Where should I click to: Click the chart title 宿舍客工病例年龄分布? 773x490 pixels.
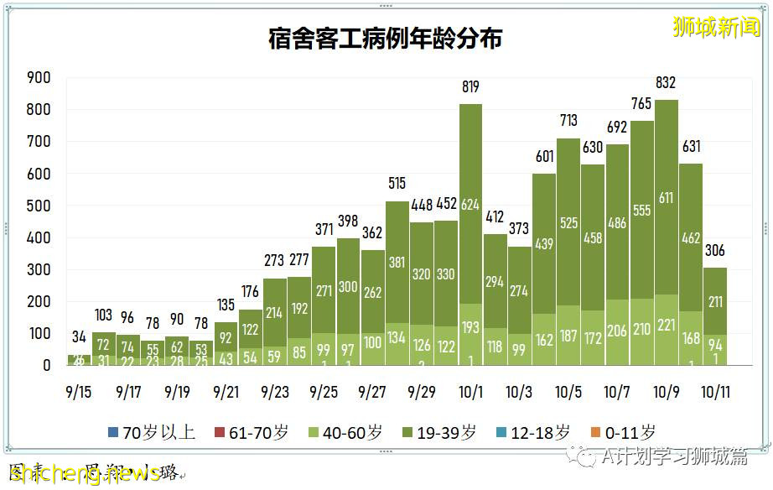[x=386, y=39]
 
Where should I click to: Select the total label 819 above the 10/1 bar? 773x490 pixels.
[x=470, y=87]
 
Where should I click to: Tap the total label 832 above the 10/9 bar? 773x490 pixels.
[x=666, y=83]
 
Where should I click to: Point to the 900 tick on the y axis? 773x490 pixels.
[x=40, y=78]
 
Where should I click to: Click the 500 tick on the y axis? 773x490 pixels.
[x=40, y=206]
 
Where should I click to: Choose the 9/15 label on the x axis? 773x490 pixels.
[x=80, y=392]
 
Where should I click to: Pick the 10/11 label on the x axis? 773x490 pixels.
[x=713, y=392]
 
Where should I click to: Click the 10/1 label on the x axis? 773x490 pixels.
[x=470, y=392]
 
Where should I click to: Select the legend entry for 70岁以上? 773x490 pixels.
[x=152, y=433]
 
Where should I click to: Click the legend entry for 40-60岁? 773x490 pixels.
[x=345, y=433]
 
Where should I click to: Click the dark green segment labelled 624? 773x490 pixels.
[x=470, y=204]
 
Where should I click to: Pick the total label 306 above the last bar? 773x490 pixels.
[x=713, y=251]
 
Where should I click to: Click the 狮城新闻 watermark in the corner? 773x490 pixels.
[x=716, y=27]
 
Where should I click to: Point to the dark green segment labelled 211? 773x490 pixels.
[x=713, y=302]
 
